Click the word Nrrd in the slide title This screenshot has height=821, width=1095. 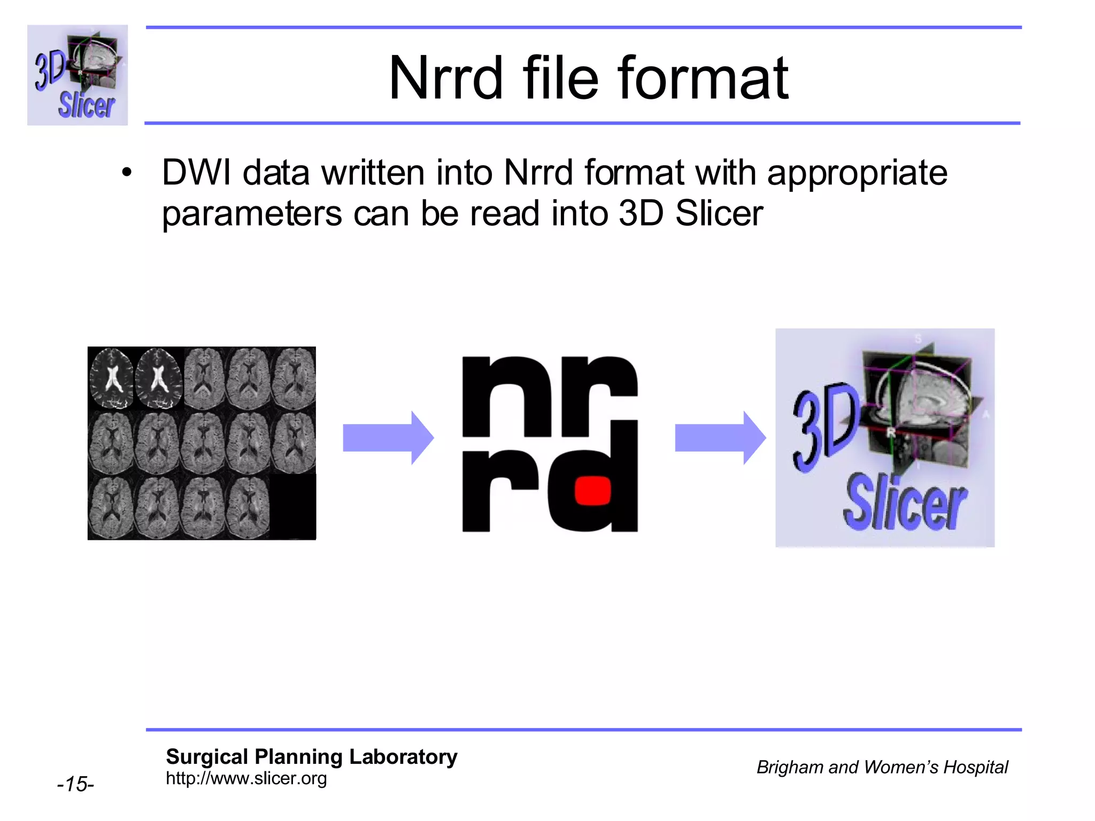point(446,79)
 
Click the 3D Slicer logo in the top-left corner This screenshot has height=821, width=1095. point(78,75)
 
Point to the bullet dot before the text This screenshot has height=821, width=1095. point(127,173)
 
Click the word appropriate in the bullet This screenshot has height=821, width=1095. point(857,174)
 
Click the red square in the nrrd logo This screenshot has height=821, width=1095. point(592,490)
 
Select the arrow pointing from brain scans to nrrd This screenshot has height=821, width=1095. point(388,438)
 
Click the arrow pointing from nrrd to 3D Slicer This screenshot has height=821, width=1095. point(720,438)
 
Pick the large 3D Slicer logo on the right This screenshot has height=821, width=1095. point(885,438)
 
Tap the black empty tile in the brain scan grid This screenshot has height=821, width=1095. point(292,507)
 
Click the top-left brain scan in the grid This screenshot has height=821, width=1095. point(111,378)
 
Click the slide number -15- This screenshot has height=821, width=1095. point(75,784)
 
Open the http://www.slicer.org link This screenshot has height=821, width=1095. point(246,779)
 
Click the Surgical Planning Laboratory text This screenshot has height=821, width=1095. point(311,756)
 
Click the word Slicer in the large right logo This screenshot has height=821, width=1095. point(905,504)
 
